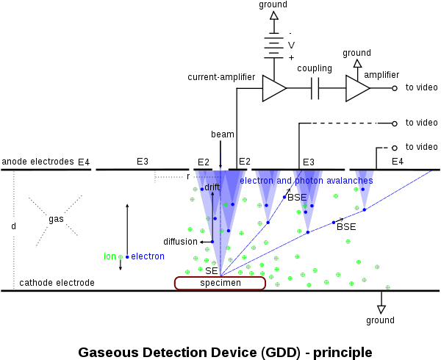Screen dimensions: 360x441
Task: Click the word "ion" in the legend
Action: [110, 256]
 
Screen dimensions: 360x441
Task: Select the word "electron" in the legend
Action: [148, 256]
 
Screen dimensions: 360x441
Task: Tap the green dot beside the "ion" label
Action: [121, 257]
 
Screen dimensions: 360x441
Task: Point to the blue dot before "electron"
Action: [127, 257]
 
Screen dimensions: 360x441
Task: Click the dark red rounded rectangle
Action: [220, 283]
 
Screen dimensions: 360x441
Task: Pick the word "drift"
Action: [212, 188]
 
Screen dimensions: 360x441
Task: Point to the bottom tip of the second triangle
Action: [268, 221]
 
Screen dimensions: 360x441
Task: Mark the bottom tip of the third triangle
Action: [308, 232]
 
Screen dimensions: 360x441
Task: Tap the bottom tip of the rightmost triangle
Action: [365, 209]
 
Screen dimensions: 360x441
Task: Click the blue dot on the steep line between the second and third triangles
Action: [284, 197]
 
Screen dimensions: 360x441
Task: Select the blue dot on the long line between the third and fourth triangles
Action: [333, 222]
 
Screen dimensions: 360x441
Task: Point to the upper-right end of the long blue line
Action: [431, 172]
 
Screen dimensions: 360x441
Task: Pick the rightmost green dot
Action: [387, 287]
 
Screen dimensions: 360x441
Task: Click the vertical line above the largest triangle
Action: [220, 162]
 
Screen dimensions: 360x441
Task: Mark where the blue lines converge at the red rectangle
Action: [220, 276]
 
